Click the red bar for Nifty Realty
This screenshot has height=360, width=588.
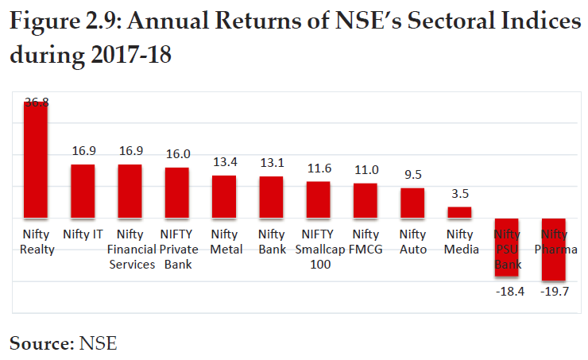point(36,159)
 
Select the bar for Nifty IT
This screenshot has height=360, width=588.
point(83,191)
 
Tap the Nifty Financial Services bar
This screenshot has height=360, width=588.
point(130,191)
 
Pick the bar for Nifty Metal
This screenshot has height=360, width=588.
point(224,196)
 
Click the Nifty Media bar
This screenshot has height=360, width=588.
point(459,212)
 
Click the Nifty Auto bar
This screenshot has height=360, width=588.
point(412,203)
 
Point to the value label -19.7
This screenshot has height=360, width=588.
point(554,292)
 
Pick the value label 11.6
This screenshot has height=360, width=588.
point(319,169)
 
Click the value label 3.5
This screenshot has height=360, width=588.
point(459,194)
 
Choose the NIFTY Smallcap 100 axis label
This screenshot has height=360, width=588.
point(318,250)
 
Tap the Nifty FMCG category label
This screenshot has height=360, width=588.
point(366,242)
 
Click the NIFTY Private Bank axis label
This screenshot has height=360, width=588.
point(177,250)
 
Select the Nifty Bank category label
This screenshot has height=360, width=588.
point(272,242)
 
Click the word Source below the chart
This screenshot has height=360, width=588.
point(39,343)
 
